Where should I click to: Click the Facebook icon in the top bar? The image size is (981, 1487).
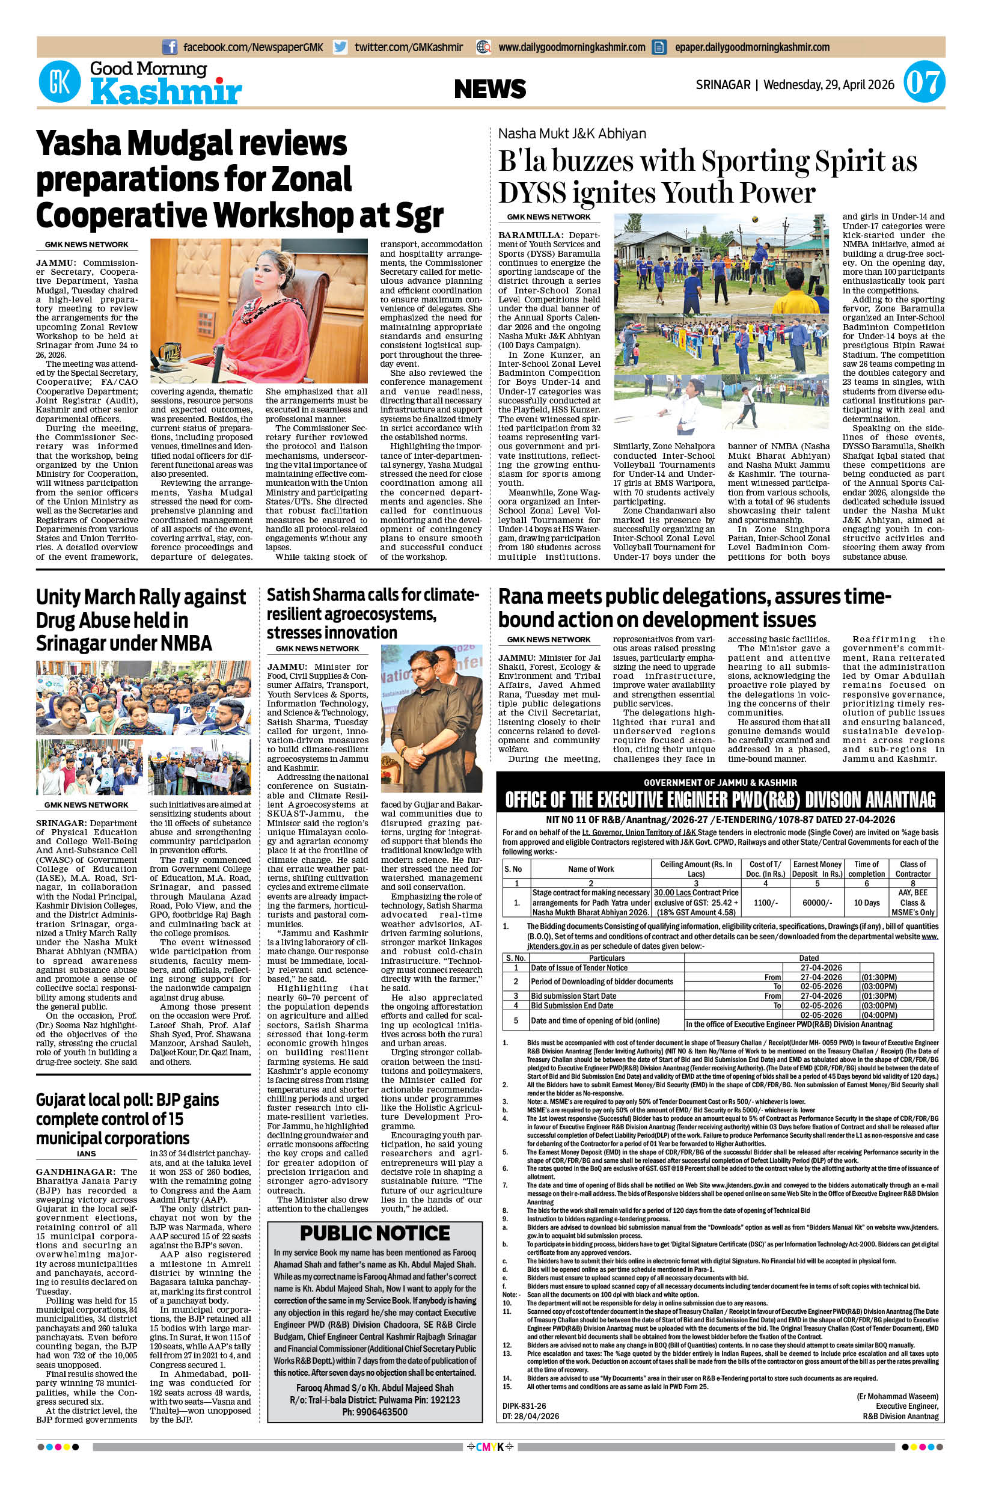click(169, 47)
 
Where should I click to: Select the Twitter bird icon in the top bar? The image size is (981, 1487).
click(340, 47)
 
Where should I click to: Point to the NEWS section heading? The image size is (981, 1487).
click(490, 89)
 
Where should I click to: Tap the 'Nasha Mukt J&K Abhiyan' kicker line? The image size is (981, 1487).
click(572, 133)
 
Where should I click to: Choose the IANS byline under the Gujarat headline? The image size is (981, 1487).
click(87, 1153)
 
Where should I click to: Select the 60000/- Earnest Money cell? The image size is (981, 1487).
click(817, 903)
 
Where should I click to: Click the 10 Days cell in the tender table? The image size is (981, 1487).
click(867, 903)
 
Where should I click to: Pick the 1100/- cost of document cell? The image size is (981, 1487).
click(766, 903)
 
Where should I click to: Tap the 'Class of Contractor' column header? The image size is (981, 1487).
click(913, 869)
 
